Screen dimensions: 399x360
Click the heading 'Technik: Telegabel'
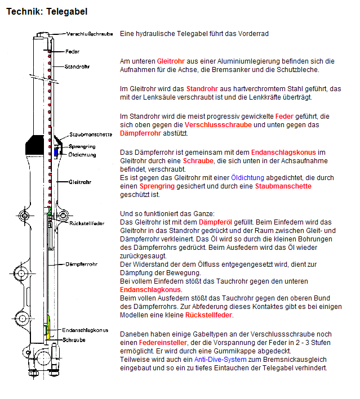(47, 11)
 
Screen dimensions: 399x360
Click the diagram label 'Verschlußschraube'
(89, 34)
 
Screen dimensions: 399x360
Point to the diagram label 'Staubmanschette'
(90, 135)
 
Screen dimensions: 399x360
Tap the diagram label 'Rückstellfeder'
(87, 223)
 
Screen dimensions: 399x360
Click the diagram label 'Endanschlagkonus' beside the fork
(85, 330)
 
